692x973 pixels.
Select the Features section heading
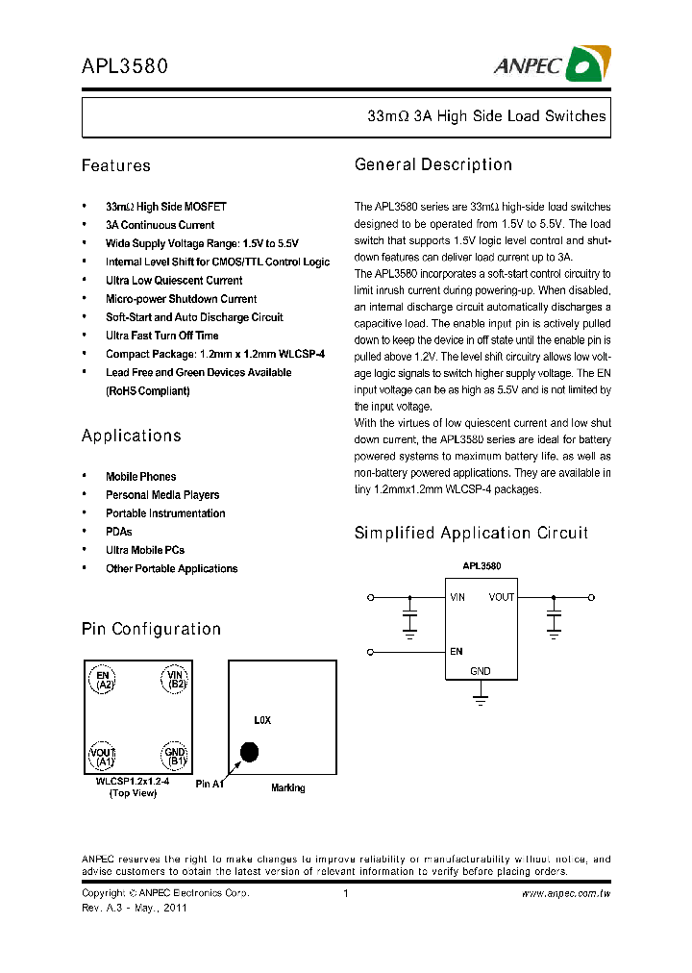[x=116, y=165]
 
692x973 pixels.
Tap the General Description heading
[x=433, y=164]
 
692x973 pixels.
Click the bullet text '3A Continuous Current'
[x=160, y=225]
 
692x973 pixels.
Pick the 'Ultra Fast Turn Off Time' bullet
[x=161, y=336]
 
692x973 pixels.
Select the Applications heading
[x=132, y=436]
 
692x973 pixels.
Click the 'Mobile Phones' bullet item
[x=140, y=477]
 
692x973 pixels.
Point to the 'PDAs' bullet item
[x=118, y=532]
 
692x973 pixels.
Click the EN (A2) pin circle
[x=103, y=681]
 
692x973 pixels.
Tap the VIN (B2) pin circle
[x=174, y=681]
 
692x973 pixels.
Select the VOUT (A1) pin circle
[x=103, y=757]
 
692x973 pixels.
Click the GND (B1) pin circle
[x=174, y=757]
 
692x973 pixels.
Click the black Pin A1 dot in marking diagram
[x=249, y=752]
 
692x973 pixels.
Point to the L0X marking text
[x=262, y=720]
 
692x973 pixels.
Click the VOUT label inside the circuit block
[x=501, y=597]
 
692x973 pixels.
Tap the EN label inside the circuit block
[x=456, y=651]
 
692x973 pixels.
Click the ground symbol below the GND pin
[x=481, y=694]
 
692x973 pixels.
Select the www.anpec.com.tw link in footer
[x=566, y=893]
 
